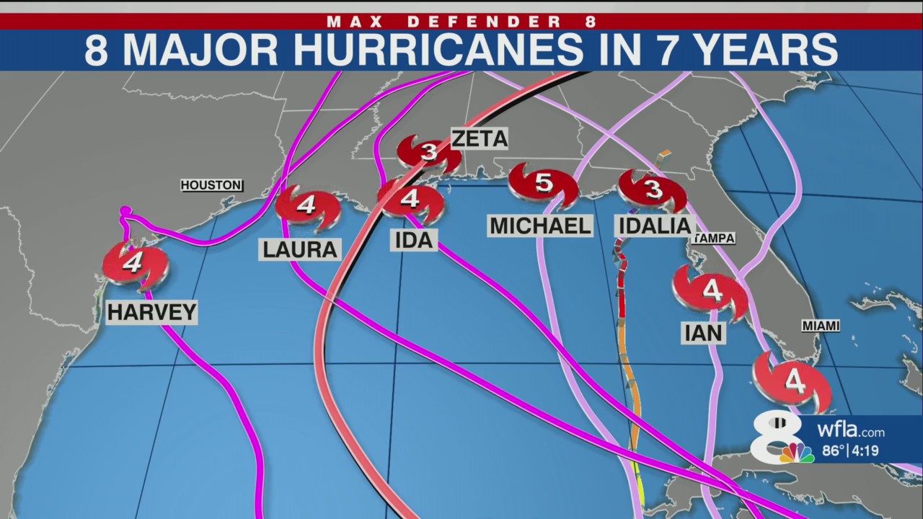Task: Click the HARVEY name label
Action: coord(151,312)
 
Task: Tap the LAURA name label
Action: coord(300,249)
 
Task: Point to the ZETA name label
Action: coord(480,138)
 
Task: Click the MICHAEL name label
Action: coord(541,226)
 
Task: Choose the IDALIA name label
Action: coord(655,226)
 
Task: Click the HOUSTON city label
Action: coord(211,185)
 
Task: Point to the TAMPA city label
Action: coord(714,238)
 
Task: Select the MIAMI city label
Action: coord(821,326)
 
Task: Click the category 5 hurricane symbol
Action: coord(544,185)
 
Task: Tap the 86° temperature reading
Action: coord(834,452)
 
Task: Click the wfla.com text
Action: coord(851,432)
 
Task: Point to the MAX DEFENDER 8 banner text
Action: coord(461,22)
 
